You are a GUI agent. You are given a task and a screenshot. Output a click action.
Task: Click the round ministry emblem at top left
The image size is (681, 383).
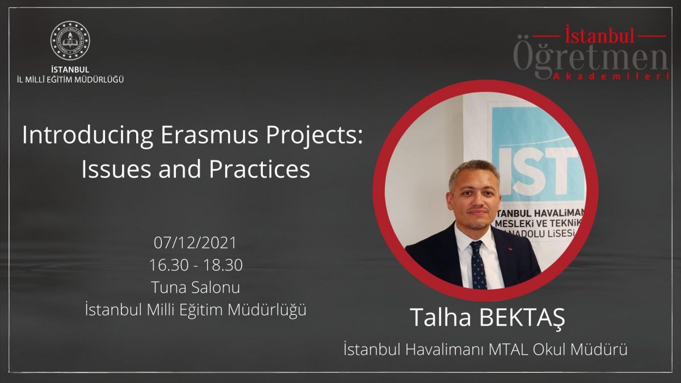[x=70, y=40]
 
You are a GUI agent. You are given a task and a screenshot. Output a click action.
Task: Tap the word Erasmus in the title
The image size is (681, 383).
[x=209, y=134]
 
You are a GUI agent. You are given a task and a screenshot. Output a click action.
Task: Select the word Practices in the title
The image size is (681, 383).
[x=259, y=169]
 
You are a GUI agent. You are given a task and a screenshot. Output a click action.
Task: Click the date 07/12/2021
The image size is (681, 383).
[x=195, y=243]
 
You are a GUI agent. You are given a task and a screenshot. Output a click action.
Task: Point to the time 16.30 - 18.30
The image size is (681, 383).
[x=196, y=265]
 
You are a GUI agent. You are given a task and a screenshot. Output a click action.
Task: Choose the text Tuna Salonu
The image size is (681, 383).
[x=195, y=287]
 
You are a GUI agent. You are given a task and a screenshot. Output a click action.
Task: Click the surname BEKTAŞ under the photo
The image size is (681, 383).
[x=522, y=318]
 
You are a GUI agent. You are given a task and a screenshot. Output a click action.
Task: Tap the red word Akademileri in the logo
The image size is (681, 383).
[x=611, y=77]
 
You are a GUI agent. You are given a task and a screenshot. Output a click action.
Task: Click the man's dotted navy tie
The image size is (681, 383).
[x=478, y=264]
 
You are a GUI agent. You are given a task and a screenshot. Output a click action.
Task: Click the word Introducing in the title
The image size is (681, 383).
[x=87, y=136]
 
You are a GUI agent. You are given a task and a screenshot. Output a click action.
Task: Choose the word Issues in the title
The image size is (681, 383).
[x=116, y=169]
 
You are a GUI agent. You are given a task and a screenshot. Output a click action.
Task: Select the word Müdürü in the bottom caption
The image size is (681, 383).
[x=599, y=350]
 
